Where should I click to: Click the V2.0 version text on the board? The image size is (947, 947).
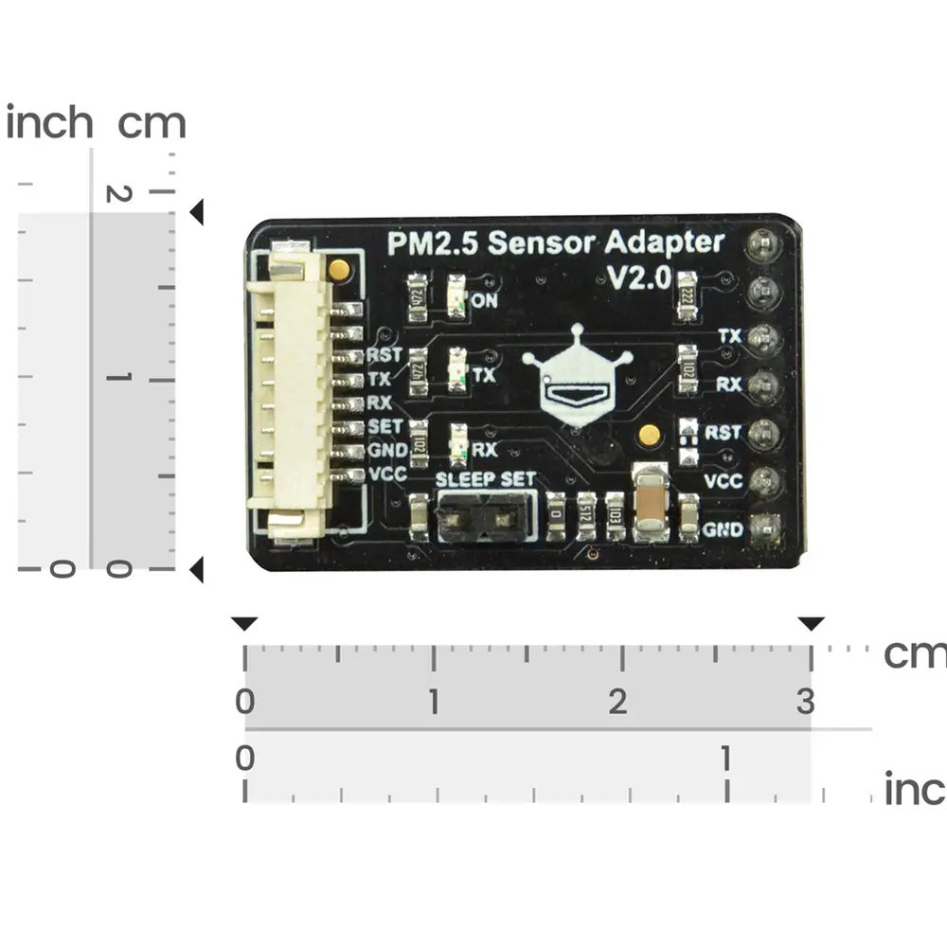638,277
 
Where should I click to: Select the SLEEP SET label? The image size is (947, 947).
486,479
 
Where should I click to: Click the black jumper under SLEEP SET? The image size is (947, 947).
486,518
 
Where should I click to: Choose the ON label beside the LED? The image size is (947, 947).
485,301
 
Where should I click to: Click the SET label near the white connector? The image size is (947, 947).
385,426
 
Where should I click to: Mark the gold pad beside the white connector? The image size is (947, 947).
337,270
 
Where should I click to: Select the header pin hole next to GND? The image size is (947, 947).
763,528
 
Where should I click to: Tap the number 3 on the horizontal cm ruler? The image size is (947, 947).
805,702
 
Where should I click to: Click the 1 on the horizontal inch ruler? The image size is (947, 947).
725,759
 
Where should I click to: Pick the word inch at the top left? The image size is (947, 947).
49,123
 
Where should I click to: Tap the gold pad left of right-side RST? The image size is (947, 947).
649,435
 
